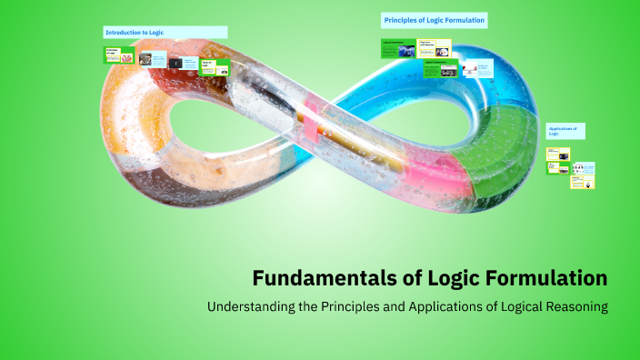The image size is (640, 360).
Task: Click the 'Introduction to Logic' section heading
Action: coord(134,33)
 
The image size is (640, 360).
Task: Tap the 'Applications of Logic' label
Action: coord(563,131)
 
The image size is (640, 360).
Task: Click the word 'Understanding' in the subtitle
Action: coord(252,306)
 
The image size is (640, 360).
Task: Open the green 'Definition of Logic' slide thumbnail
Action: coord(119,55)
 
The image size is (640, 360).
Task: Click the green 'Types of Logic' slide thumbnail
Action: coord(215,67)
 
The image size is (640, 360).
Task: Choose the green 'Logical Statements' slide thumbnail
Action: coord(398,47)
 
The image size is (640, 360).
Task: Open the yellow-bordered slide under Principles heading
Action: coord(435,47)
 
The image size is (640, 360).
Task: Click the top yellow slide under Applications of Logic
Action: coord(557,154)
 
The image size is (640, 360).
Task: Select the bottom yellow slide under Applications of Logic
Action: coord(582,181)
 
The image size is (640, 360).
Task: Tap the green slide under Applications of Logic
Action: coord(557,167)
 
